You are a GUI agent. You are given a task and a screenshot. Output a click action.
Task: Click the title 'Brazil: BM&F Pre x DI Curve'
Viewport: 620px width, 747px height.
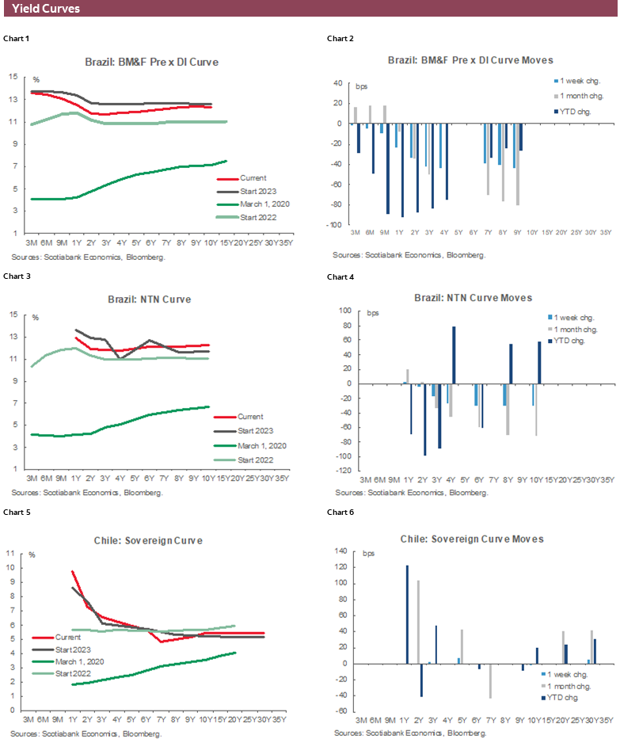151,62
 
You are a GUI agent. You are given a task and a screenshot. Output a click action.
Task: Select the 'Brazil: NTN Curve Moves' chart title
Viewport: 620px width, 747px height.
473,298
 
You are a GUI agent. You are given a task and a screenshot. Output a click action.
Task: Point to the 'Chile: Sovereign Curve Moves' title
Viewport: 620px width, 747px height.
472,539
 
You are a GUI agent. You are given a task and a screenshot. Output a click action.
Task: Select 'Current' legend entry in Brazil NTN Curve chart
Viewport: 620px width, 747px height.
250,417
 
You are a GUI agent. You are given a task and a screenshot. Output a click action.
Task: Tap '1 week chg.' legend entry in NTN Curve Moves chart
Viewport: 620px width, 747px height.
576,316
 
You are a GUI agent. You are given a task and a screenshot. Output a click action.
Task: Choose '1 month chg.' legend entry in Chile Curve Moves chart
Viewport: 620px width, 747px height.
569,685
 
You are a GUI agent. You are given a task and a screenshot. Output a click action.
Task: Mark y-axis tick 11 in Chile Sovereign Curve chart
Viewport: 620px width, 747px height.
10,568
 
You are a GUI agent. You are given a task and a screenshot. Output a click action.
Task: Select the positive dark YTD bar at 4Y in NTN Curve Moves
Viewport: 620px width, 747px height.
454,355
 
